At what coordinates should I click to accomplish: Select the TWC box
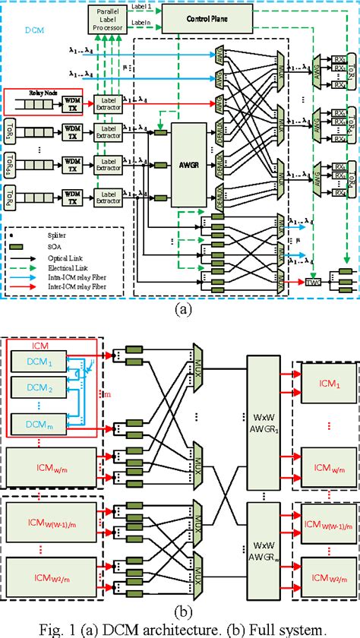pyautogui.click(x=311, y=283)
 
